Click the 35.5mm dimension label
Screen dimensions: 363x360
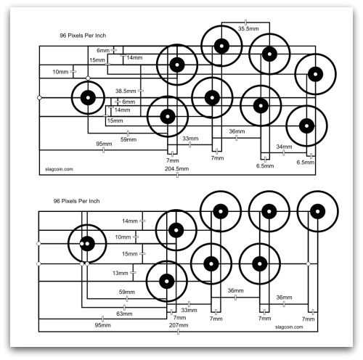point(248,28)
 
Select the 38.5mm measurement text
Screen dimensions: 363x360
point(126,91)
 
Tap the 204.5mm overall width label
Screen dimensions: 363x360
point(176,168)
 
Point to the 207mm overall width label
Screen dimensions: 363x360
point(179,325)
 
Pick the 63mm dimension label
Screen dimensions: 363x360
point(124,314)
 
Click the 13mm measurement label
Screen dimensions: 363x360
point(120,273)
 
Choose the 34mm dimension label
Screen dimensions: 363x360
point(284,147)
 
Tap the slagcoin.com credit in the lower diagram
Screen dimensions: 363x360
point(289,327)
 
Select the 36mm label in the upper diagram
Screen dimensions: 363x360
point(237,131)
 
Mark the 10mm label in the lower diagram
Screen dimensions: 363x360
point(123,237)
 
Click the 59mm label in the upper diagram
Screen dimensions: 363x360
point(129,139)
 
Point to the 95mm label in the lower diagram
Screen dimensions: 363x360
point(102,325)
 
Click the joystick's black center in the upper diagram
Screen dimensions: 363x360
point(88,98)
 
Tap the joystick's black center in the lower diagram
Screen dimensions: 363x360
point(87,244)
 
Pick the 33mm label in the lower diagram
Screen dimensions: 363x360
point(189,310)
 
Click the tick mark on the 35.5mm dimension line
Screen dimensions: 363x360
point(245,22)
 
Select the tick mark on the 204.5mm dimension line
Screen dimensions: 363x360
point(177,175)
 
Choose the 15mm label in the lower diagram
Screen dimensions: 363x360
point(130,254)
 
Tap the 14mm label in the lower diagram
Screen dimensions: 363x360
point(130,221)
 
